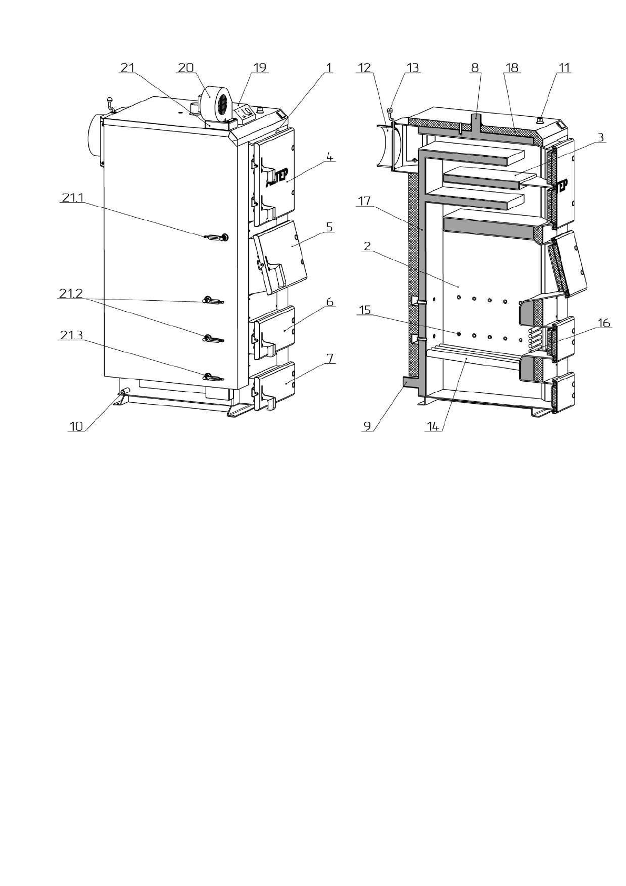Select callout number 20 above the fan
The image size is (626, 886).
pyautogui.click(x=186, y=68)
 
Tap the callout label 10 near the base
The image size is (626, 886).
pyautogui.click(x=76, y=426)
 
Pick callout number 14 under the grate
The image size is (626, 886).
pyautogui.click(x=433, y=426)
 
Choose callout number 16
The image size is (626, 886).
pyautogui.click(x=603, y=323)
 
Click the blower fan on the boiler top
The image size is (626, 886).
pyautogui.click(x=215, y=100)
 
